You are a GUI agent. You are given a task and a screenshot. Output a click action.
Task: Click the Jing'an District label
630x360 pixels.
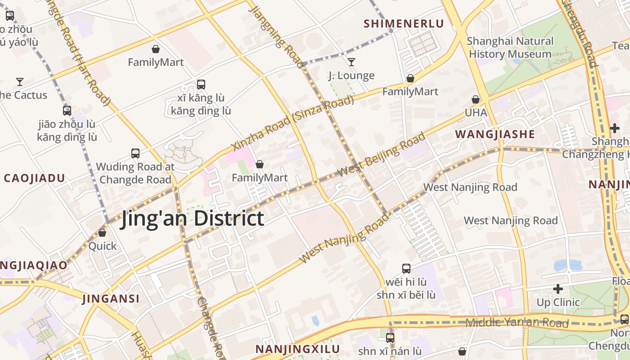coord(192,219)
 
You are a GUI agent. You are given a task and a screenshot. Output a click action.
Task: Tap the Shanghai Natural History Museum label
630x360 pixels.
coord(510,48)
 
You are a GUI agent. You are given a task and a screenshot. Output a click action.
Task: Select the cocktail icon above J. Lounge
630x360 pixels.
coord(351,62)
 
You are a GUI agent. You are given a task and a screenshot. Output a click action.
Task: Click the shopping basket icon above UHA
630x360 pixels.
coord(476,99)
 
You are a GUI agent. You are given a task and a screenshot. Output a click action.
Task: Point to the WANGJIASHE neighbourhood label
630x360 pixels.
coord(495,134)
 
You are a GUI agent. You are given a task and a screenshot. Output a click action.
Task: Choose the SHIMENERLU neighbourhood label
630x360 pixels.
coord(404,24)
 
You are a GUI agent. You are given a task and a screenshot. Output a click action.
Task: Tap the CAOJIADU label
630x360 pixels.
coord(35,178)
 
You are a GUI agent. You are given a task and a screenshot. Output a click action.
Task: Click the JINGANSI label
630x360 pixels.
coord(111,299)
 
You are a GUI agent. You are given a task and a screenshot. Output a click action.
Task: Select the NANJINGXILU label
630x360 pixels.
coord(297,349)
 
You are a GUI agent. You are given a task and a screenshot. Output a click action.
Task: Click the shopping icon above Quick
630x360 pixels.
coord(102,233)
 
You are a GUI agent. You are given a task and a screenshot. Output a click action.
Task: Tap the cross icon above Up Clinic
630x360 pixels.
coord(558,288)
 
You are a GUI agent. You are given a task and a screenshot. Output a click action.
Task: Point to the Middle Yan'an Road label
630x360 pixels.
coord(517,323)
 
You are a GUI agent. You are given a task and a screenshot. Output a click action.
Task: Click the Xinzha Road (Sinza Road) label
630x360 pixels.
coord(292,124)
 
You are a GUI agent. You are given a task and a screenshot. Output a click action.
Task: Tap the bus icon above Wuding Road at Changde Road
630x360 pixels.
coord(135,153)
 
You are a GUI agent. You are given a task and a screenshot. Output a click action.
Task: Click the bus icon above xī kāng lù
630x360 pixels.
coord(201,84)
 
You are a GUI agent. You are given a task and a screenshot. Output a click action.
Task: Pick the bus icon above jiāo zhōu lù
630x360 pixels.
coord(67,110)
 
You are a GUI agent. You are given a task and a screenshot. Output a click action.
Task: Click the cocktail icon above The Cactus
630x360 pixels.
coord(20,81)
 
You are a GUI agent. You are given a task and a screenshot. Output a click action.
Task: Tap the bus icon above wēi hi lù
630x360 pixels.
coord(406,269)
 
